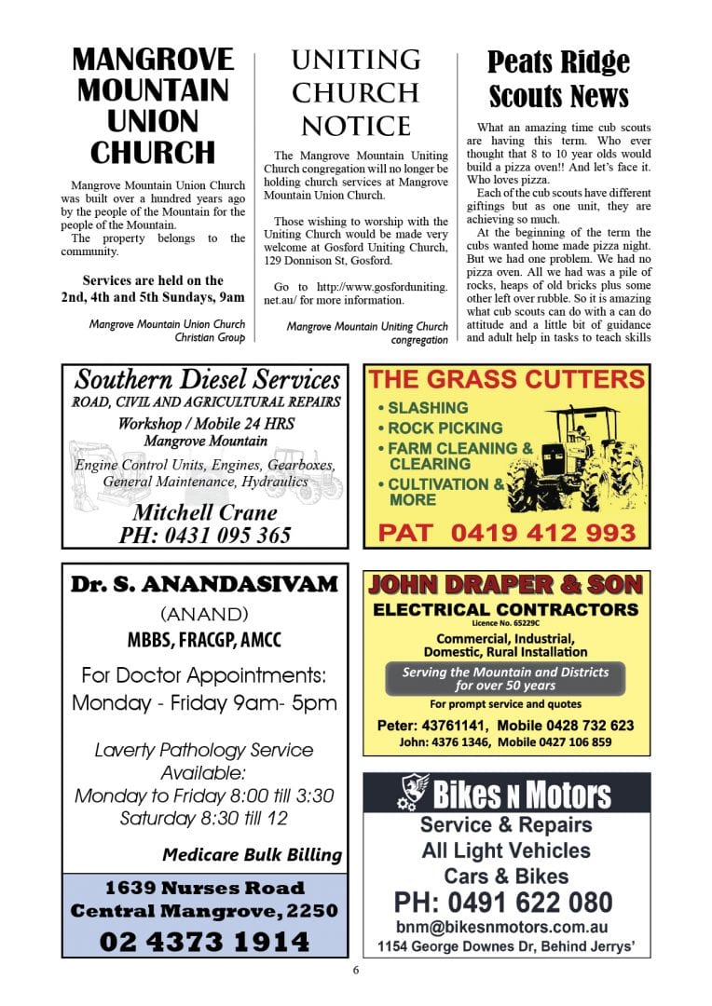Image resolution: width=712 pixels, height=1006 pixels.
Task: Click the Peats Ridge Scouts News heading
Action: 558,80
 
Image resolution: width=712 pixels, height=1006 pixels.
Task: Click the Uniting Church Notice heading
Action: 355,93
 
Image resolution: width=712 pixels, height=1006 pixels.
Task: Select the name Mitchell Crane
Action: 205,512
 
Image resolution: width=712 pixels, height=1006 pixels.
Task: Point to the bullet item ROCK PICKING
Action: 445,428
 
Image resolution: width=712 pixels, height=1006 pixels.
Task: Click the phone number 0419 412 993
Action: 543,534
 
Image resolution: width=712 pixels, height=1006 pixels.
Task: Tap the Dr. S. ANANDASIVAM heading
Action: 205,585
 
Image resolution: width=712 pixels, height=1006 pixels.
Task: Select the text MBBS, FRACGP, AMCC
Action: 204,641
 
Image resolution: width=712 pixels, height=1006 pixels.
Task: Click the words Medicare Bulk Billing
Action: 252,854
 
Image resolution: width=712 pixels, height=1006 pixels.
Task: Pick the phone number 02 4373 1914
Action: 204,942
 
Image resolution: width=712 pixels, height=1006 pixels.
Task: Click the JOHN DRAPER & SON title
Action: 506,585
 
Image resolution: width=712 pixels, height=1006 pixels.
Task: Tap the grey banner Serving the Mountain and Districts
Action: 505,678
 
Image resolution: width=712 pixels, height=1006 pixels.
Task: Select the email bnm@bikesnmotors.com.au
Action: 502,928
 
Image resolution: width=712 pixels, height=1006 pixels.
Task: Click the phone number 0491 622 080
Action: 503,903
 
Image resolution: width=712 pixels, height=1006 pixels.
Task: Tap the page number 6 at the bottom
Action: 356,970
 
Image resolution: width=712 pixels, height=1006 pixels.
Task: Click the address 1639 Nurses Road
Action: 204,888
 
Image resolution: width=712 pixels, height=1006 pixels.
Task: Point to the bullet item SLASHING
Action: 428,408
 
